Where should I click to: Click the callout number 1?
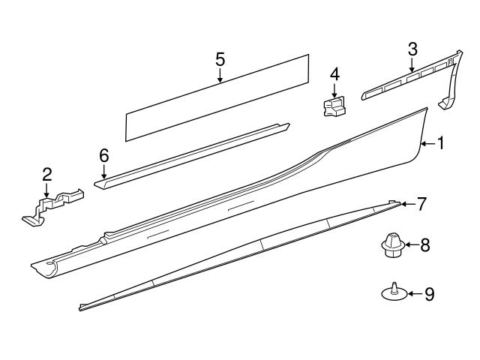tap(440, 142)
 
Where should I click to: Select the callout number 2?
tap(47, 174)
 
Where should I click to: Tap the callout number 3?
tap(412, 50)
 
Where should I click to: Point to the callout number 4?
tap(334, 74)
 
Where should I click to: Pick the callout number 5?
tap(220, 58)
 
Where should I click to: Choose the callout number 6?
tap(103, 155)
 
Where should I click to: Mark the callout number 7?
tap(421, 203)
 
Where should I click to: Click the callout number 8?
tap(424, 244)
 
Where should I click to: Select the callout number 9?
tap(429, 294)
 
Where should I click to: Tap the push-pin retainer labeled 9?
tap(394, 292)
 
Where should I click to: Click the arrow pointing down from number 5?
tap(220, 75)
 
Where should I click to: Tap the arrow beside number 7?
tap(407, 203)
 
